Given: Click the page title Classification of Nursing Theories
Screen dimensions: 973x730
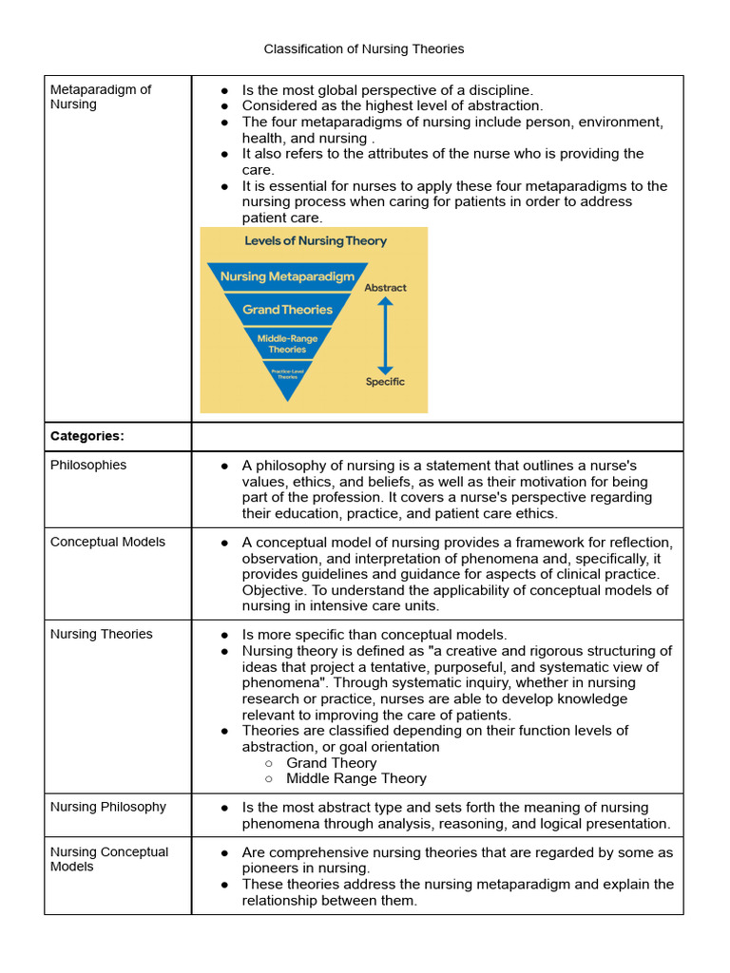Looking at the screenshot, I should [364, 48].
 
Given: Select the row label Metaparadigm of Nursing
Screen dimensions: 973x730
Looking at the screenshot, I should [100, 97].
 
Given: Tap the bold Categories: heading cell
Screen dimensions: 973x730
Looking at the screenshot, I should [87, 436].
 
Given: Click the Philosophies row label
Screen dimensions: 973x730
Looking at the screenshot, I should [88, 465].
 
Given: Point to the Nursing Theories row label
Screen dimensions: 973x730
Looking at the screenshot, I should [101, 634].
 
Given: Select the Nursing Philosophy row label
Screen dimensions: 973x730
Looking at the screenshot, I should [107, 807].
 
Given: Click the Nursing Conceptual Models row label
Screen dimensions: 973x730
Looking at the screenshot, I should [108, 859].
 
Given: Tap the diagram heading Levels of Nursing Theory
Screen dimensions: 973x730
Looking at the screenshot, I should [316, 241].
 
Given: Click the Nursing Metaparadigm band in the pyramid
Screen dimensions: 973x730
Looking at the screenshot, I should [287, 277].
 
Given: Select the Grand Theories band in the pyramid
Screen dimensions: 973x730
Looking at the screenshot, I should [287, 310].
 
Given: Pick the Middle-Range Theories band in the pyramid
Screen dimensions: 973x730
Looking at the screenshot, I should [287, 343].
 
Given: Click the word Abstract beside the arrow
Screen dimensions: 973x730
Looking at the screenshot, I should [385, 287].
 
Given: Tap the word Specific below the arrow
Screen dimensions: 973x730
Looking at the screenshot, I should [385, 382].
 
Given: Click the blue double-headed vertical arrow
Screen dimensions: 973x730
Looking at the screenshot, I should [385, 334].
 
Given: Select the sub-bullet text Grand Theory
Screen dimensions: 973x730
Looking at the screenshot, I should [331, 763].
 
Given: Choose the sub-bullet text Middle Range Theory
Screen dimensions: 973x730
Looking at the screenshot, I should [355, 778].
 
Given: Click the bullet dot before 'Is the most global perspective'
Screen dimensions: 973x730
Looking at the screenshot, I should [224, 90].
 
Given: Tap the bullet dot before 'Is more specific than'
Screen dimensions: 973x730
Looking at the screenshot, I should [224, 635].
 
